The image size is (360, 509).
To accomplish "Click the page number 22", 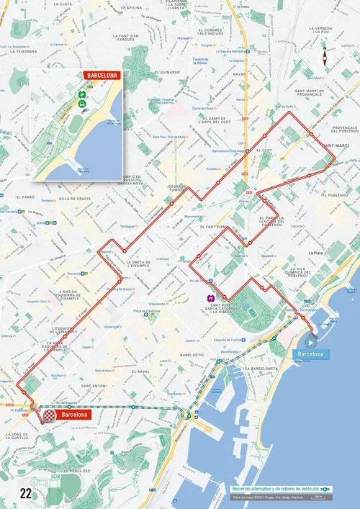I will click(26, 494).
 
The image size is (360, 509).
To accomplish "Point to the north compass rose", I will click(325, 57).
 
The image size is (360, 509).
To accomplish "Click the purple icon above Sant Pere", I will click(211, 298).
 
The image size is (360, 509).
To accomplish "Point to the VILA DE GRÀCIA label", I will click(74, 198).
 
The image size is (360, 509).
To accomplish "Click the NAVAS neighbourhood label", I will click(239, 73).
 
